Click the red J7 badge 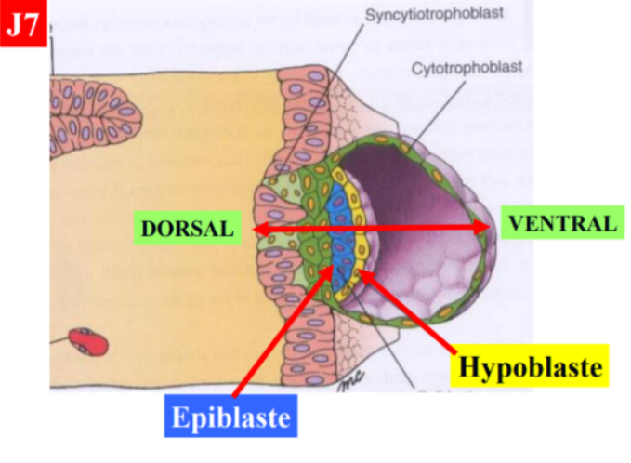23,24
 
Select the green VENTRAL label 559,223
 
